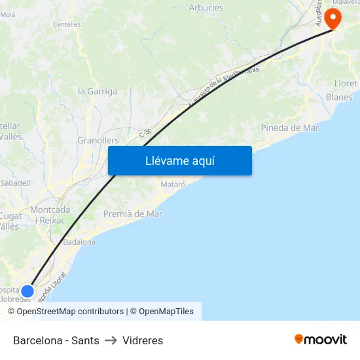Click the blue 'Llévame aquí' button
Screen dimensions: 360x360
pos(180,160)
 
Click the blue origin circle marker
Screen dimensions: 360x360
pos(27,291)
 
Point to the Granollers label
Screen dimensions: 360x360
pos(98,141)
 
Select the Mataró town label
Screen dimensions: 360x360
pos(173,185)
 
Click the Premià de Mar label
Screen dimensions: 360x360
pos(133,214)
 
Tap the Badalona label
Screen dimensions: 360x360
pos(79,242)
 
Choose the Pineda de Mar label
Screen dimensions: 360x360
pos(290,128)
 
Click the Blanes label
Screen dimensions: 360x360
pos(339,98)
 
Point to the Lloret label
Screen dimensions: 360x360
pos(346,83)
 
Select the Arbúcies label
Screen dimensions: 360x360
pos(206,8)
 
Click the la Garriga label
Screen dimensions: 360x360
pos(98,92)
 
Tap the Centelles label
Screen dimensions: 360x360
pos(67,24)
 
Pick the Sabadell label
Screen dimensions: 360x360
pos(15,183)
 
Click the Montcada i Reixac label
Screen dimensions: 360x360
pos(50,215)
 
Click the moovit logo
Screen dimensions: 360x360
pos(321,339)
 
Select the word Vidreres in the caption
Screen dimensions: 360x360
pos(143,340)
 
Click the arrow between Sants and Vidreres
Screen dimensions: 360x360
pos(111,340)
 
